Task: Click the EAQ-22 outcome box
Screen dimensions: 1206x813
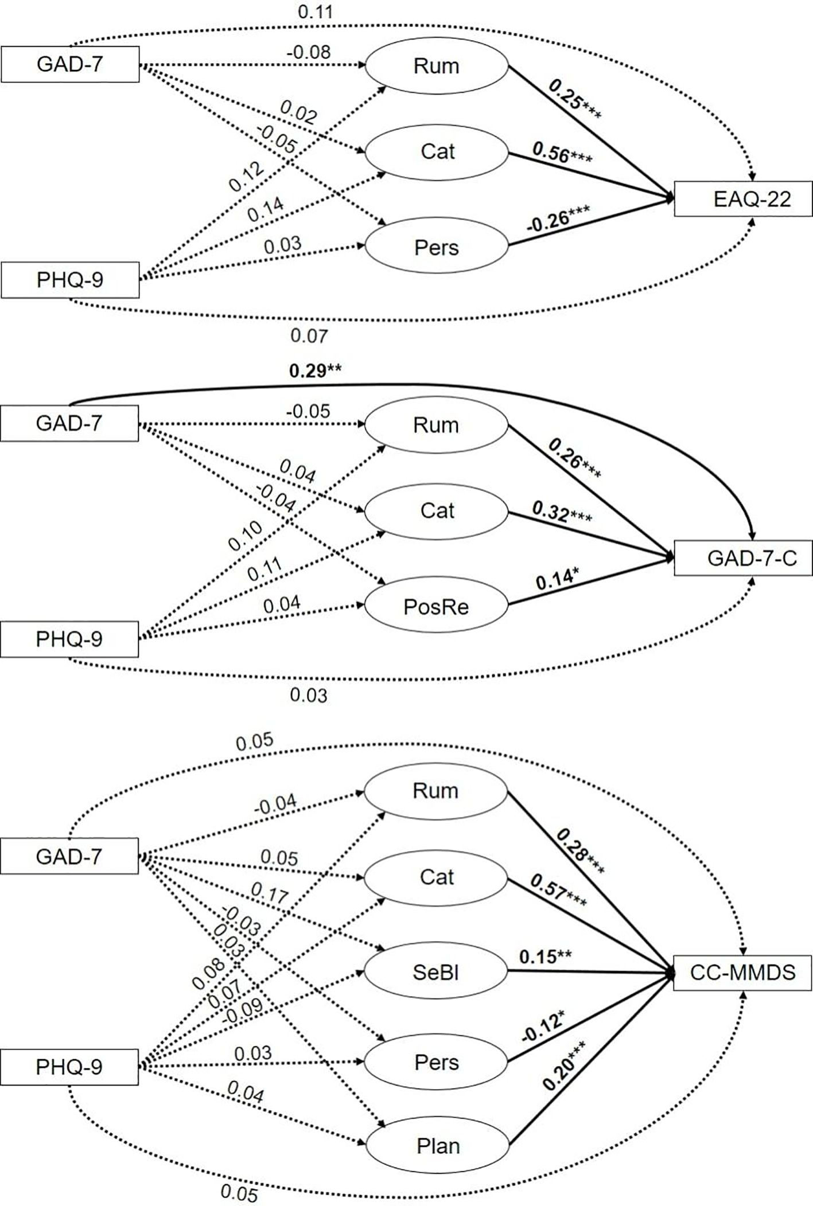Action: [743, 199]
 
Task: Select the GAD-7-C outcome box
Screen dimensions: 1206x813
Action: [743, 558]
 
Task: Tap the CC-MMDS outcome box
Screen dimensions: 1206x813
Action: [742, 973]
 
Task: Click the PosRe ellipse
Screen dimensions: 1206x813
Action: [436, 607]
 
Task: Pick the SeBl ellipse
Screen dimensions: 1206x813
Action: [436, 972]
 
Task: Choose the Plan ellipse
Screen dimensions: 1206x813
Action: [437, 1146]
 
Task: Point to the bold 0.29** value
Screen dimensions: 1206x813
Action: [315, 371]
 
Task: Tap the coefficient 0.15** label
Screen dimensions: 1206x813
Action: [545, 957]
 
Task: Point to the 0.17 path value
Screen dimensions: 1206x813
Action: [270, 893]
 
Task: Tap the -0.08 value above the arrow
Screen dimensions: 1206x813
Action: [309, 52]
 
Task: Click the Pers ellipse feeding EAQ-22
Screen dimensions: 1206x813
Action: [436, 248]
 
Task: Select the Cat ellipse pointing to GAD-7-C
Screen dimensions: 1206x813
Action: [436, 510]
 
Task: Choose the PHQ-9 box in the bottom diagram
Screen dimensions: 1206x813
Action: [69, 1067]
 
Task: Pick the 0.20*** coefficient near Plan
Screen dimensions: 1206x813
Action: [565, 1070]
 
